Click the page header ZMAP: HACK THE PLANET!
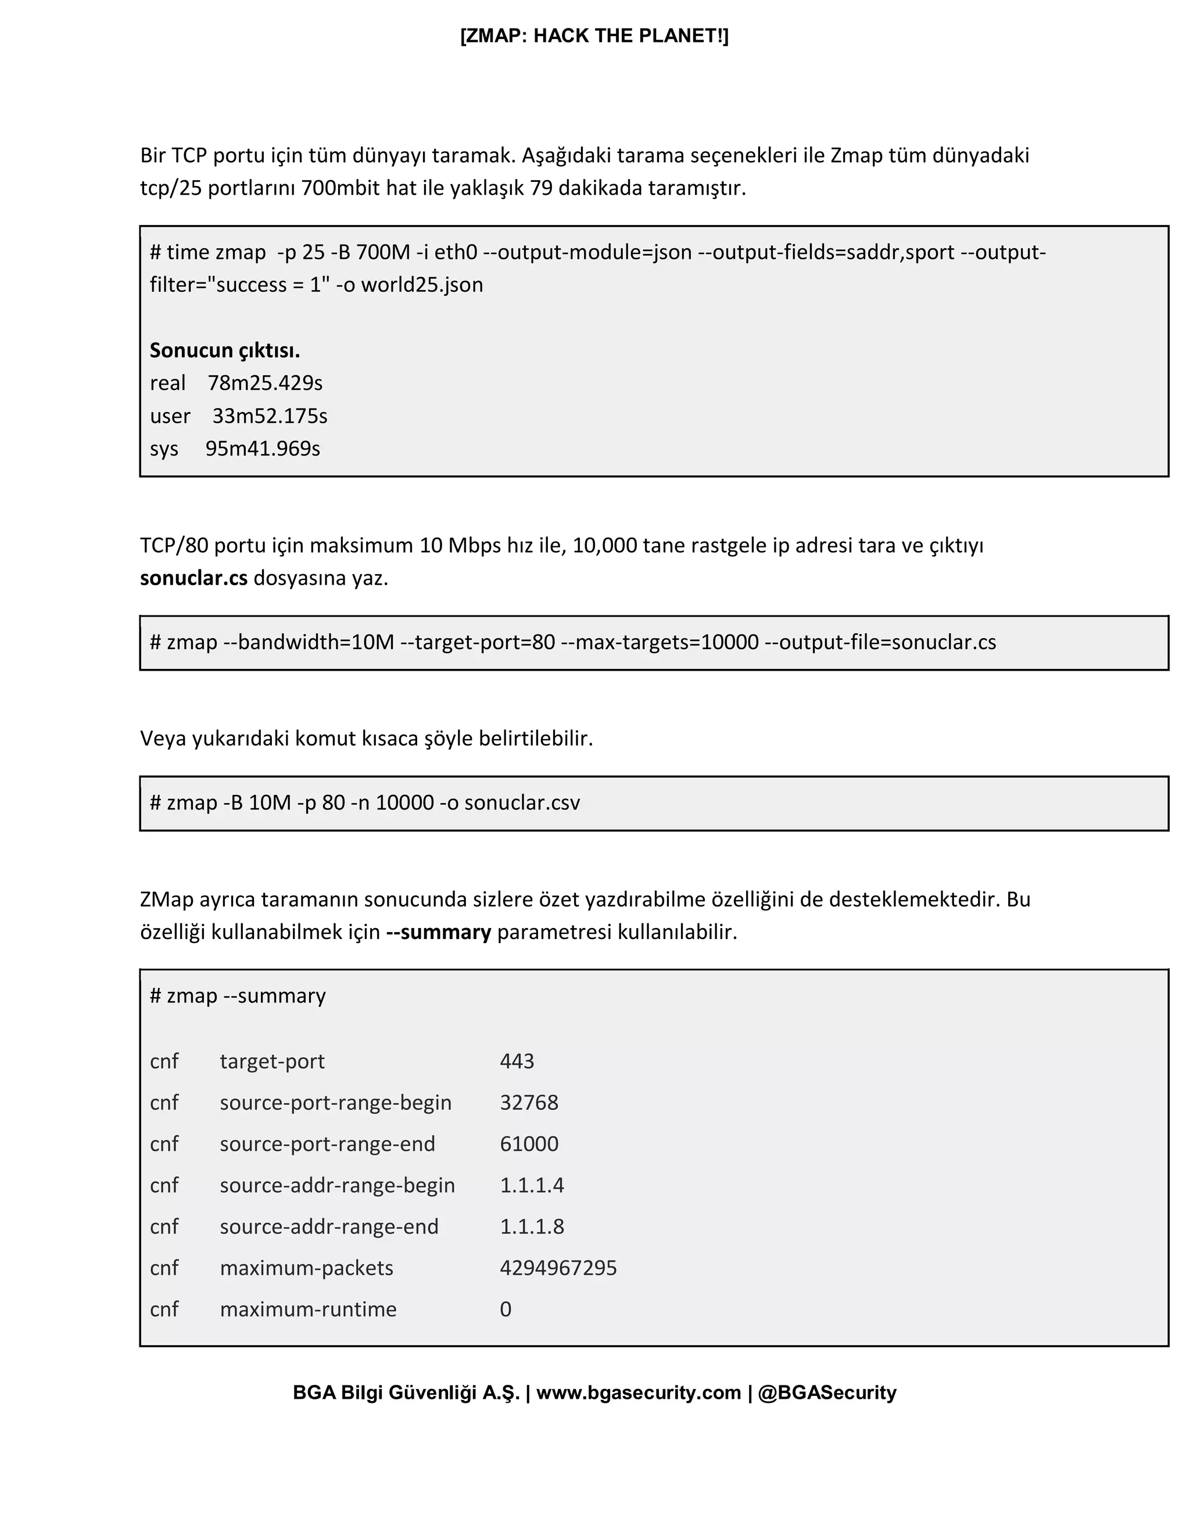coord(594,36)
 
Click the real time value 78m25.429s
coord(265,383)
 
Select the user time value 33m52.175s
coord(270,416)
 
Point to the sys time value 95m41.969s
coord(263,449)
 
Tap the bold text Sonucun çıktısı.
coord(225,350)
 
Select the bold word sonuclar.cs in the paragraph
coord(194,578)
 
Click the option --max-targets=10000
coord(660,642)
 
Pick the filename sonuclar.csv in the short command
coord(522,803)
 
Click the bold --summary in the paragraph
coord(439,932)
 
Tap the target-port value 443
coord(517,1061)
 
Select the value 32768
coord(529,1103)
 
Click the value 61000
coord(529,1144)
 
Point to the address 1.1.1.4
coord(532,1186)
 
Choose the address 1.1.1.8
coord(532,1227)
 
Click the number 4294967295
coord(558,1268)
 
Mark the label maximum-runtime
coord(308,1309)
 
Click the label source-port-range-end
coord(327,1144)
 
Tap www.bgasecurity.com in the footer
coord(639,1392)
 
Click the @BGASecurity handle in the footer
coord(827,1392)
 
